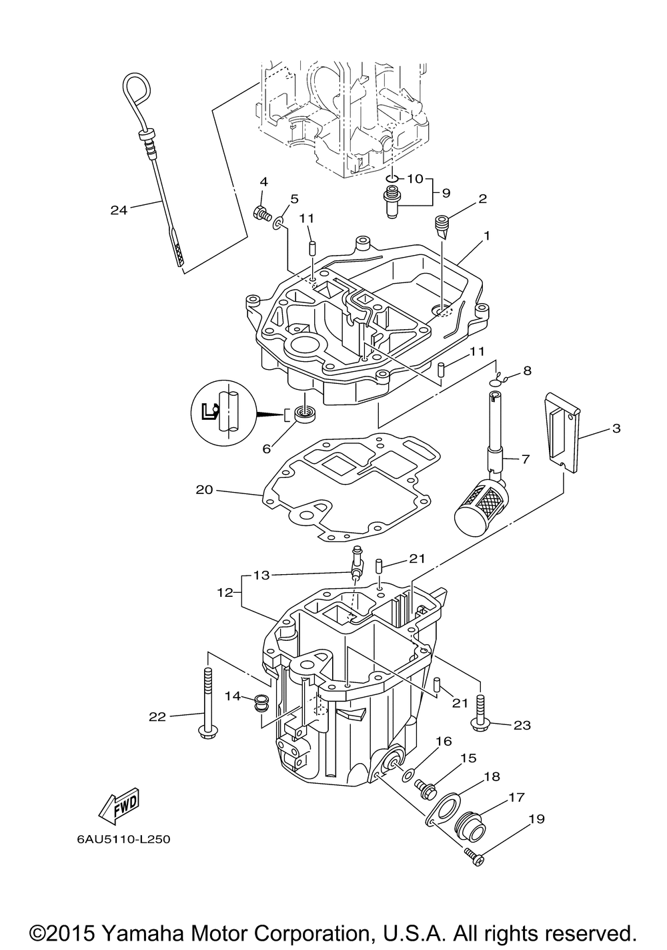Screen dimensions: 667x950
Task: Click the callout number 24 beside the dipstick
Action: pyautogui.click(x=119, y=210)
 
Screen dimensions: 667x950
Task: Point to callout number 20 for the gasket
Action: pyautogui.click(x=204, y=490)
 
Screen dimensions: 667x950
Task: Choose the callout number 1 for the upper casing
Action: pyautogui.click(x=487, y=235)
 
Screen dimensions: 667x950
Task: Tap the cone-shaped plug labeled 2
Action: pyautogui.click(x=442, y=226)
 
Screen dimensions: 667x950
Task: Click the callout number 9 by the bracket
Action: pyautogui.click(x=446, y=193)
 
